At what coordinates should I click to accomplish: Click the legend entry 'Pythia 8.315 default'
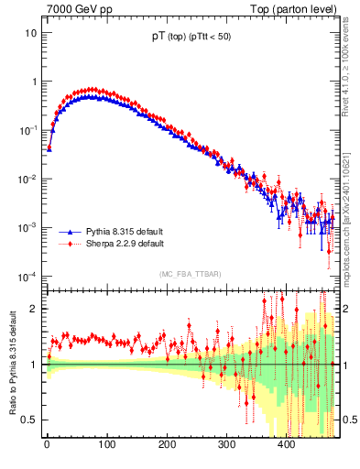[123, 233]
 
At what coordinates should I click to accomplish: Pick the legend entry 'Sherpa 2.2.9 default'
[123, 245]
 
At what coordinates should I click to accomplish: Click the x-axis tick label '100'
[106, 445]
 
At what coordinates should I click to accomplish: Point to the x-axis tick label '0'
[47, 445]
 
